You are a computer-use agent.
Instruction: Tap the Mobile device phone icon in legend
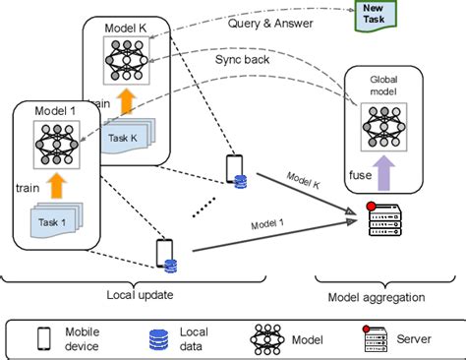click(x=43, y=338)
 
